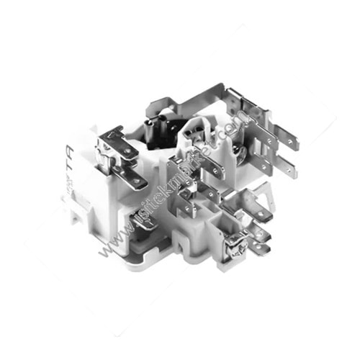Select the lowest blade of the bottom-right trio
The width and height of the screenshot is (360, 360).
click(x=261, y=248)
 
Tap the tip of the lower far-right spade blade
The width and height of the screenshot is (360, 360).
click(x=291, y=174)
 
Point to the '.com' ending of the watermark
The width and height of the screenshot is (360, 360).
click(x=234, y=130)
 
